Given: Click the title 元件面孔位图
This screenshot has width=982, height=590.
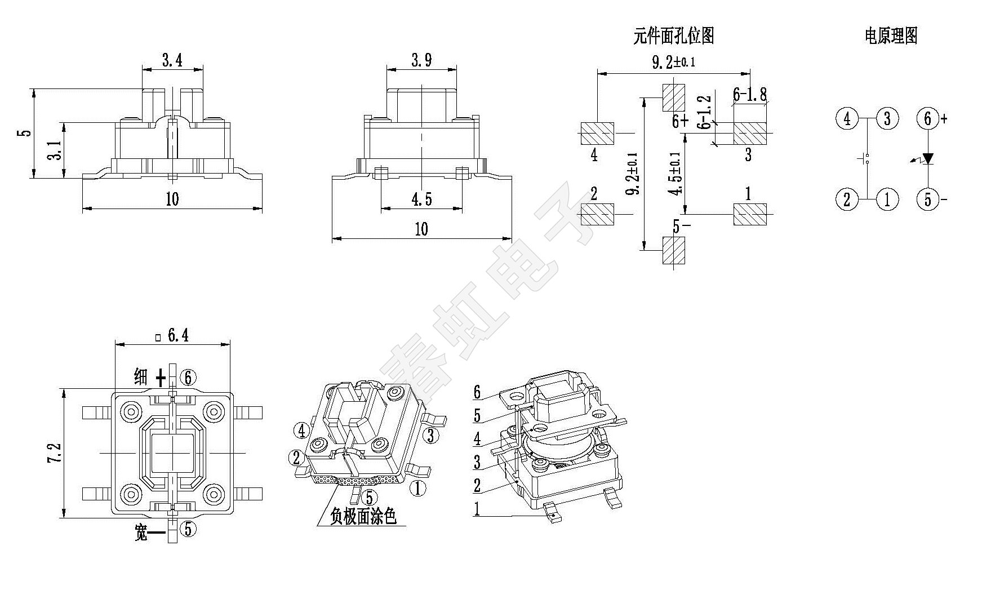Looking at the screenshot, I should tap(673, 36).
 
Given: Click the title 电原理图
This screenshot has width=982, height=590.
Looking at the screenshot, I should tap(891, 36).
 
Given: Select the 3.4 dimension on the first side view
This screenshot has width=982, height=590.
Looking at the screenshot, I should tap(172, 60).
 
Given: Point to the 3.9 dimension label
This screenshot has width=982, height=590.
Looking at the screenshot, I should tap(421, 60).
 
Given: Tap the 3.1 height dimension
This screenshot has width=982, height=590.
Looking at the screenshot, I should tap(54, 150).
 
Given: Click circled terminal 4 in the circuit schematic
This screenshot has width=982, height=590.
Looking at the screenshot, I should tap(846, 119).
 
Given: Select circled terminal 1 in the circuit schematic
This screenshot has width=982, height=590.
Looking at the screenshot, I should tap(887, 199).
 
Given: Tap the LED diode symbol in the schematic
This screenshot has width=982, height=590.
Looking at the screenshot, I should tap(927, 159).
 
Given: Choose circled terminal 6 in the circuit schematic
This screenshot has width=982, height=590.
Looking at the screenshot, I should tap(927, 119).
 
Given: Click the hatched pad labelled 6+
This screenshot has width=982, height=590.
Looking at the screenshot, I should tap(673, 97).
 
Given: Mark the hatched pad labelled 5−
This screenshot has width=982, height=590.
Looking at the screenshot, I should tap(673, 250).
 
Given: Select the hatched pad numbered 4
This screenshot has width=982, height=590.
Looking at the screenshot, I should tap(597, 134).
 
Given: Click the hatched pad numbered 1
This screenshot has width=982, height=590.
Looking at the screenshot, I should tap(750, 214).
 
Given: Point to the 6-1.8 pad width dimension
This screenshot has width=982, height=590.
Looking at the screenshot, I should tap(749, 95).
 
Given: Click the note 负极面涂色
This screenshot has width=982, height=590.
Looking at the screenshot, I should tap(363, 516).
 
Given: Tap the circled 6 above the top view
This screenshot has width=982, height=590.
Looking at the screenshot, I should tap(188, 378).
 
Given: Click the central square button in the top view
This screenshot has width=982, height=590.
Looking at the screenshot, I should tap(172, 453).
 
